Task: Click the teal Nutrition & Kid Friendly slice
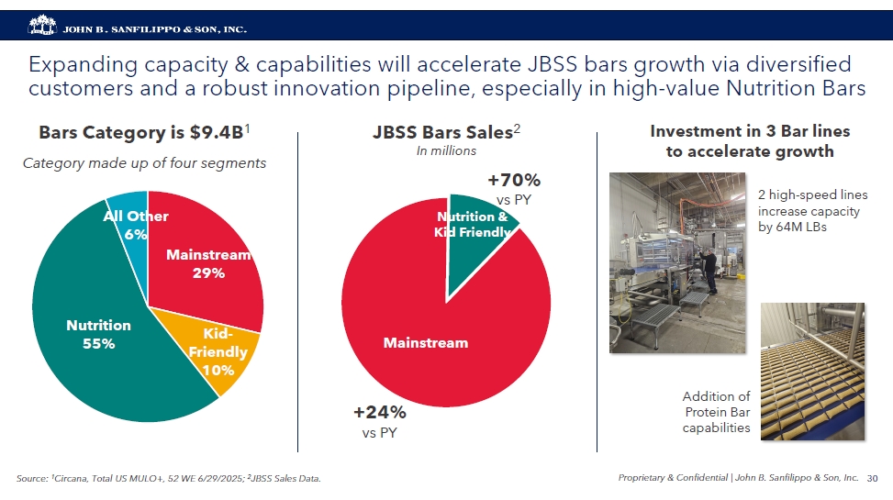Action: click(475, 229)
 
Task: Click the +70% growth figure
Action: click(513, 180)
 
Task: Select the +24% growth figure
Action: click(380, 412)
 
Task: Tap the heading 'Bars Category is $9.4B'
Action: click(143, 133)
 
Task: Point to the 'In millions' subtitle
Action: click(446, 150)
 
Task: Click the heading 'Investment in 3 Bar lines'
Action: click(749, 133)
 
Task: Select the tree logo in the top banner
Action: click(41, 27)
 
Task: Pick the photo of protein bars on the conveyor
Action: click(812, 371)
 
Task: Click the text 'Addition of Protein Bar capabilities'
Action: click(717, 412)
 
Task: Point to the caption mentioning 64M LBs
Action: click(811, 212)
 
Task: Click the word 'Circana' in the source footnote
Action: click(74, 478)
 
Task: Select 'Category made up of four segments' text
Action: click(143, 163)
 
